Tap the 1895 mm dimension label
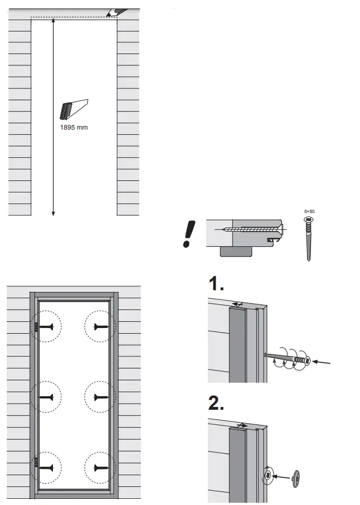[x=74, y=127]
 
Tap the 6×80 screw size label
[x=309, y=211]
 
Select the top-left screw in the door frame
[x=48, y=326]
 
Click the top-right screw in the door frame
[x=100, y=326]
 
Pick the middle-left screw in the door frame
[x=48, y=397]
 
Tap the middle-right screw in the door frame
[x=100, y=397]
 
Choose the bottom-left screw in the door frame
[x=48, y=467]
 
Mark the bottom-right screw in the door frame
[x=100, y=467]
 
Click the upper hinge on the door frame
[x=35, y=326]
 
